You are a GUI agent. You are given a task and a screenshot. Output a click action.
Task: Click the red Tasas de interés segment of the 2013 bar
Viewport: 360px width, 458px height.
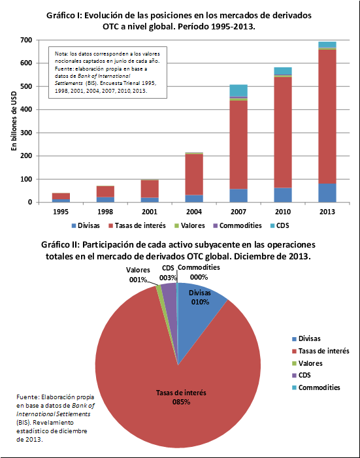coord(327,116)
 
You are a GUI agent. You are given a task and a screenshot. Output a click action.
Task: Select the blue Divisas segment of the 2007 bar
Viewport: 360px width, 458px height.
coord(238,195)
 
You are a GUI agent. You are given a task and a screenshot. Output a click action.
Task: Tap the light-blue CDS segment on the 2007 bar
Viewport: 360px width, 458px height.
coord(238,90)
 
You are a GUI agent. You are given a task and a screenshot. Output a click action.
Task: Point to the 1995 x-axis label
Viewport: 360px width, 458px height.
coord(61,212)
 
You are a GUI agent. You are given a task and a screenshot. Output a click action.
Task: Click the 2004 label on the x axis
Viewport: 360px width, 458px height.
coord(194,212)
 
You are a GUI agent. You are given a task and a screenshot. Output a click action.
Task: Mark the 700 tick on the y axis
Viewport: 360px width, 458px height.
coord(26,40)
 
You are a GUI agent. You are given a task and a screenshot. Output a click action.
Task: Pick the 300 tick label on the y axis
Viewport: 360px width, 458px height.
coord(26,133)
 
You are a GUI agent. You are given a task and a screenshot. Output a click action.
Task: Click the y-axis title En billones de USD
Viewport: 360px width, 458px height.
coord(14,121)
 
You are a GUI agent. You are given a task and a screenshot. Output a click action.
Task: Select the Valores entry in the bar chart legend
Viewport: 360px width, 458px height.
coord(189,225)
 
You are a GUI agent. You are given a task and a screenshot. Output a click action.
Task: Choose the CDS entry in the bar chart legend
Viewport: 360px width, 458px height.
coord(280,225)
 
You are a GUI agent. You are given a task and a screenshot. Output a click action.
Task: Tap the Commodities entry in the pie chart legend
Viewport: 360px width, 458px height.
coord(316,387)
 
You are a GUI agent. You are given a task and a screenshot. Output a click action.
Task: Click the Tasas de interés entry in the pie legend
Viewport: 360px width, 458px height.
coord(321,351)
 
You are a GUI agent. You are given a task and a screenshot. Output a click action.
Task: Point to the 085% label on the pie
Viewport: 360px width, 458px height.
coord(181,402)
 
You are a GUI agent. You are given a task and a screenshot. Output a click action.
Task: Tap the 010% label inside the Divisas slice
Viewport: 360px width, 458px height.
coord(200,302)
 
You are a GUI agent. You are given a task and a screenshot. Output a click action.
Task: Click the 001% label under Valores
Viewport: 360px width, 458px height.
coord(138,280)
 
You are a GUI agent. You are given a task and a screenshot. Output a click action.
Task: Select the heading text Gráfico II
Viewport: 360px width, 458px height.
coord(59,244)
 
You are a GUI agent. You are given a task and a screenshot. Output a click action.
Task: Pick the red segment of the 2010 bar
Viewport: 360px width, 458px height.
coord(283,133)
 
